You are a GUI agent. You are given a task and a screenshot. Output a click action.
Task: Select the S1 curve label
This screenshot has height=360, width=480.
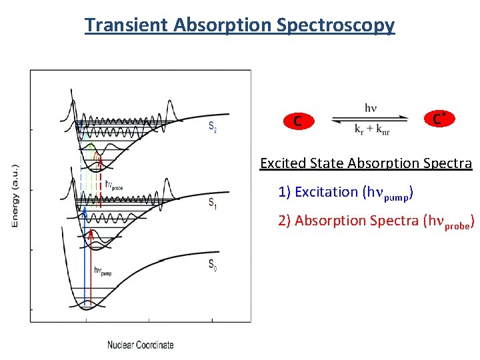[x=212, y=204]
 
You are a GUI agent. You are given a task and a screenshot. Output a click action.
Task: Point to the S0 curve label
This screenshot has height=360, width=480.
[x=212, y=265]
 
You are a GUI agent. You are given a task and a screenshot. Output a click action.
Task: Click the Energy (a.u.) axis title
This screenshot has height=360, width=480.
[x=15, y=195]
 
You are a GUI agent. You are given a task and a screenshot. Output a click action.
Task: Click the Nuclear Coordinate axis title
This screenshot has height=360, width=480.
[x=141, y=345]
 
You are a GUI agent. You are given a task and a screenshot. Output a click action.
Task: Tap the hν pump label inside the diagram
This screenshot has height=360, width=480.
[x=102, y=271]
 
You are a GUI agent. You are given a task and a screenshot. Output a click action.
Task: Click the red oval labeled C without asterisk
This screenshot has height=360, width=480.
[x=297, y=121]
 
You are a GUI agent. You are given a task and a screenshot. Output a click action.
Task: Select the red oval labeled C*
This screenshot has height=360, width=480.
[x=439, y=119]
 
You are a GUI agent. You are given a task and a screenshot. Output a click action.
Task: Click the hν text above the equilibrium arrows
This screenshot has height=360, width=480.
[x=371, y=107]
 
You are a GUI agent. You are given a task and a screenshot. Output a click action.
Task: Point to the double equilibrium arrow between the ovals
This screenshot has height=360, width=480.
[x=370, y=118]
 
